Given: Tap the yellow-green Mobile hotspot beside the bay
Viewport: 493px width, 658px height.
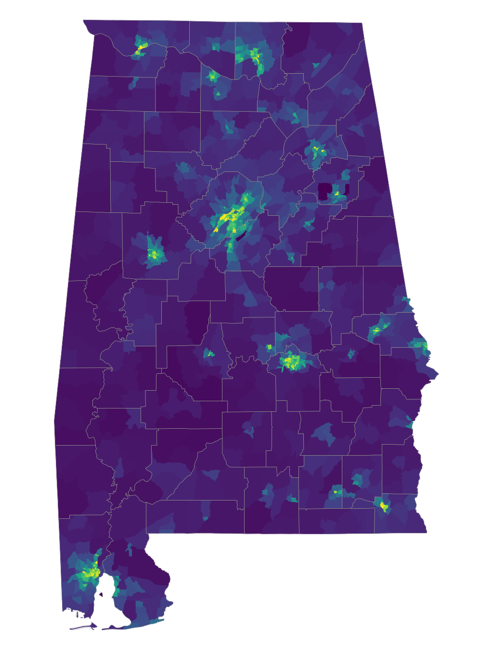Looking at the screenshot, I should point(91,573).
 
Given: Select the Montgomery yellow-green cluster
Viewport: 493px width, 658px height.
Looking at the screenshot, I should point(291,361).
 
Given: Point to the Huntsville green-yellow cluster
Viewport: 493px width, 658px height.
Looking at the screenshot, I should point(254,55).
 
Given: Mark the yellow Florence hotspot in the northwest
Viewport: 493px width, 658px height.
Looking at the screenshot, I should point(142,47).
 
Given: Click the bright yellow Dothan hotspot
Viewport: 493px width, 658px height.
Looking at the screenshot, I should point(384,506).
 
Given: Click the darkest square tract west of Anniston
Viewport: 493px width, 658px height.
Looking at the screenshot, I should point(324,191).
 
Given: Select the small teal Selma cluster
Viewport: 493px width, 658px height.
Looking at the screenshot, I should point(209,354).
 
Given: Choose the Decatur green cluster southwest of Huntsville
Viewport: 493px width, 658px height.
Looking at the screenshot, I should point(212,76).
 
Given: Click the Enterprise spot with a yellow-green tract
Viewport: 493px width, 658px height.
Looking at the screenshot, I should point(337,492).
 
